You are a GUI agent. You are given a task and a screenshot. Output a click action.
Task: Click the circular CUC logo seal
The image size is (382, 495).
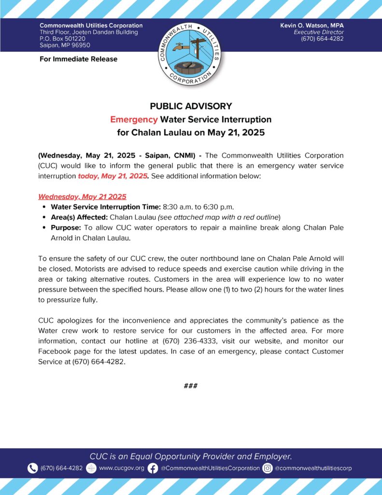click(190, 54)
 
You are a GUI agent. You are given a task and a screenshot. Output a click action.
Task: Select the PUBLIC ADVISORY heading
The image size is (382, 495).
click(191, 106)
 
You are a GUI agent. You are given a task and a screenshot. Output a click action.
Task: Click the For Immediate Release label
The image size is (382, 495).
click(78, 59)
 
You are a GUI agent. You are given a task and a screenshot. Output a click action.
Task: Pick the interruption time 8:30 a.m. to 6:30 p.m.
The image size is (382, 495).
click(193, 207)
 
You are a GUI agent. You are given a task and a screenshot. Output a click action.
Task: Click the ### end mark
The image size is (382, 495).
click(191, 386)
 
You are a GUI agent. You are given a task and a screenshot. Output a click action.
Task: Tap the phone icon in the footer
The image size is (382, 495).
click(32, 468)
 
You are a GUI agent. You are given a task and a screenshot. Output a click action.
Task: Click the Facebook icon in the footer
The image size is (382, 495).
click(153, 468)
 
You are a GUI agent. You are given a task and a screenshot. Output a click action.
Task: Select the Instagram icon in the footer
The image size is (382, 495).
click(268, 468)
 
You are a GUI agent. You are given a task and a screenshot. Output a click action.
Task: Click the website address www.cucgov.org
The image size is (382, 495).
click(121, 468)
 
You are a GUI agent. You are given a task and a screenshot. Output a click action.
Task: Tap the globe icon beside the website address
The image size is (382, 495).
click(91, 468)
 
